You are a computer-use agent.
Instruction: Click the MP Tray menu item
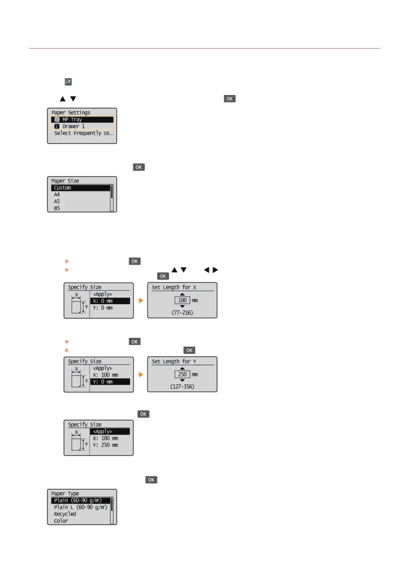82,120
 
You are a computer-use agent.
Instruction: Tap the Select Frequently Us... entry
83,133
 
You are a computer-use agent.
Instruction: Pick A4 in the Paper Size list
57,195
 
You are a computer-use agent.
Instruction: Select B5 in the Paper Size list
57,208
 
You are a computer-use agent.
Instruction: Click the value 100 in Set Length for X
182,300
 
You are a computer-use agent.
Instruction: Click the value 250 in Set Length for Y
182,374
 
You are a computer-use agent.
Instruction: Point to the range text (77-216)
182,313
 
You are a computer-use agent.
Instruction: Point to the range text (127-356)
182,387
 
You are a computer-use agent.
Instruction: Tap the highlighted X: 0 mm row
110,301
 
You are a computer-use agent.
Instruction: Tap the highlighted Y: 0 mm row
110,382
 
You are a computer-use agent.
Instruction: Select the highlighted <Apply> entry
110,431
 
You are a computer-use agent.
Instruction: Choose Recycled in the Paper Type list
65,514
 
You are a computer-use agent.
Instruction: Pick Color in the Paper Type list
61,521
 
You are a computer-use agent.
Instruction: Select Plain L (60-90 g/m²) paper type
80,507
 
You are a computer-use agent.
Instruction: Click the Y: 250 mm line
105,445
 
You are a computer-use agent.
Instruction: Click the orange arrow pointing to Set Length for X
141,301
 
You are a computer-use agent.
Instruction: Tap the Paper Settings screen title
71,113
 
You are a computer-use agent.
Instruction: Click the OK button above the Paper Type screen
151,480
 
